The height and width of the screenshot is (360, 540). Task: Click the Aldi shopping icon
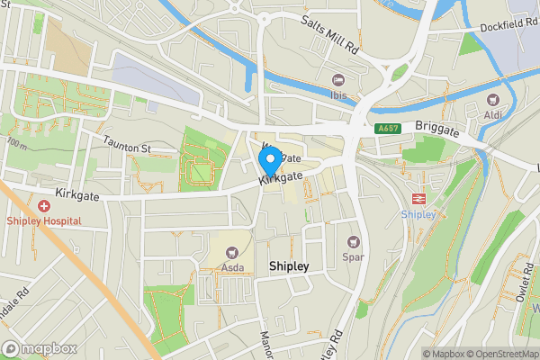pyautogui.click(x=492, y=101)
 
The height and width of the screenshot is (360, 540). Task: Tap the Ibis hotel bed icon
pyautogui.click(x=338, y=80)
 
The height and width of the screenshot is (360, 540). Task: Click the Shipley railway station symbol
pyautogui.click(x=418, y=199)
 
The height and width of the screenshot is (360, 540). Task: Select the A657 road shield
pyautogui.click(x=389, y=129)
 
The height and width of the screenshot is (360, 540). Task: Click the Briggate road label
pyautogui.click(x=437, y=130)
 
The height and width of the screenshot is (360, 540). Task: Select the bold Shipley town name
pyautogui.click(x=289, y=266)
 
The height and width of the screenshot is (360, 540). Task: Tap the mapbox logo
pyautogui.click(x=40, y=348)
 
